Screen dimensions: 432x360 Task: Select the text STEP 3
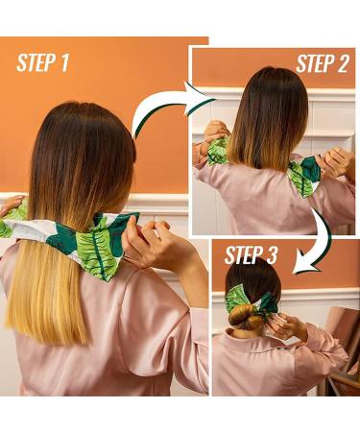252,255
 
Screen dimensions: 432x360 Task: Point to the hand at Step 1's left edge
10,206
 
